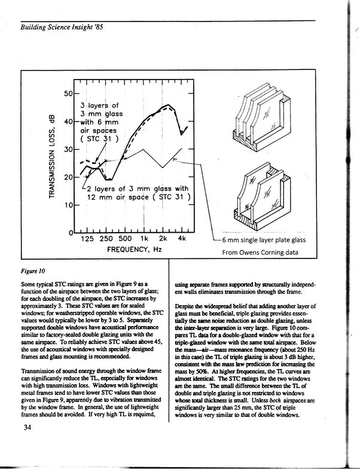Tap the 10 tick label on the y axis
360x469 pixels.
point(68,205)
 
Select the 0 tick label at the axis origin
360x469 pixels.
point(70,233)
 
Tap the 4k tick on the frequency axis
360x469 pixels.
point(182,240)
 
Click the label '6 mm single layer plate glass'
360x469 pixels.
point(264,240)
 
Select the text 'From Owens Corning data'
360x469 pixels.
point(264,252)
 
